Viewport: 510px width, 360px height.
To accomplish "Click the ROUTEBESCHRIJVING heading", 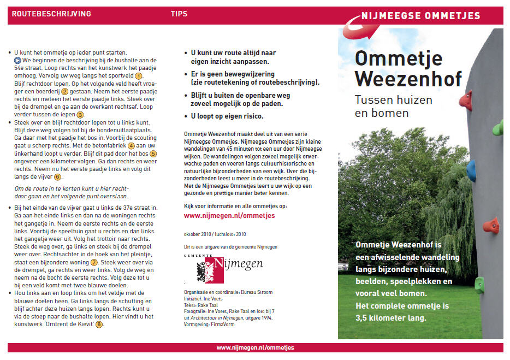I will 51,14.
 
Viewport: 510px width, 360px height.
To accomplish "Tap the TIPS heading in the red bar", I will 179,14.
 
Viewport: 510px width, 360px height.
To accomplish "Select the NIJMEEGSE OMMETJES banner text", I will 420,16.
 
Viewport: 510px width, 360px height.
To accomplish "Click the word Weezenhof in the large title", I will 408,79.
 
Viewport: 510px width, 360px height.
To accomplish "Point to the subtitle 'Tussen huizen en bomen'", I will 393,107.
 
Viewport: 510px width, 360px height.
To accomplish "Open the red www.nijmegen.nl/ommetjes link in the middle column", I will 229,216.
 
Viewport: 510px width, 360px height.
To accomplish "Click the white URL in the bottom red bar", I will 255,348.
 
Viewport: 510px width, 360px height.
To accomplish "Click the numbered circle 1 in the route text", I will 139,76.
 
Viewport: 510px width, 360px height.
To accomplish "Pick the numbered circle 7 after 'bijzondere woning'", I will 93,262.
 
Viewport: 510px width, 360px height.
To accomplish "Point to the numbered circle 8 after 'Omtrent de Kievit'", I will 99,324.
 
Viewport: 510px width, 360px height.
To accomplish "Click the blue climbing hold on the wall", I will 471,170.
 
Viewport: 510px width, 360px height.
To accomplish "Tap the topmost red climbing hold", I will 465,100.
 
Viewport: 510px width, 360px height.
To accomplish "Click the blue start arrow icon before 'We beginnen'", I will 17,60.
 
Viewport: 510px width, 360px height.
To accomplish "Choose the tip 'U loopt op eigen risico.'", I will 227,116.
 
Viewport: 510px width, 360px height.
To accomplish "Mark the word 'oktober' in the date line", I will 194,234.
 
